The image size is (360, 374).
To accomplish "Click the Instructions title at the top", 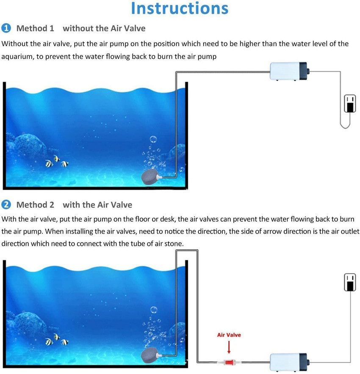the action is click(x=180, y=8).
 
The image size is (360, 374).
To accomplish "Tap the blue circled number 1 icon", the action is click(x=6, y=28).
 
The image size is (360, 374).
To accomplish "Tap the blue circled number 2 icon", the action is click(x=6, y=205).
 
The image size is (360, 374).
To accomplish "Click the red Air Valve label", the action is click(x=229, y=335).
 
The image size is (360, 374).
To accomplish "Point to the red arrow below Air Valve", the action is click(x=229, y=347).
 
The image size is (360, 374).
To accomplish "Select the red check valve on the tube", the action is click(x=229, y=363).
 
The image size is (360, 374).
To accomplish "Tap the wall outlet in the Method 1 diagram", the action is click(x=350, y=104).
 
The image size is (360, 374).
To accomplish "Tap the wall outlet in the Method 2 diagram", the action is click(x=350, y=282).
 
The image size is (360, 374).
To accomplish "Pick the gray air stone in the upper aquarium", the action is click(x=150, y=177).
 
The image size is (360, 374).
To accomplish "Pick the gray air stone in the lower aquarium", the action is click(x=149, y=356).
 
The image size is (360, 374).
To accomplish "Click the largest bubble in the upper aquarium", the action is click(x=153, y=139).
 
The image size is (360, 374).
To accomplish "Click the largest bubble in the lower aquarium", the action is click(x=154, y=310).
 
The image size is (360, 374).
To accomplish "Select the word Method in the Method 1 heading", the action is click(x=32, y=28).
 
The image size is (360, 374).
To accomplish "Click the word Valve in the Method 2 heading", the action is click(x=122, y=205).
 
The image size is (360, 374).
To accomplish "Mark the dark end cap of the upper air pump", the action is click(x=304, y=71).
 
